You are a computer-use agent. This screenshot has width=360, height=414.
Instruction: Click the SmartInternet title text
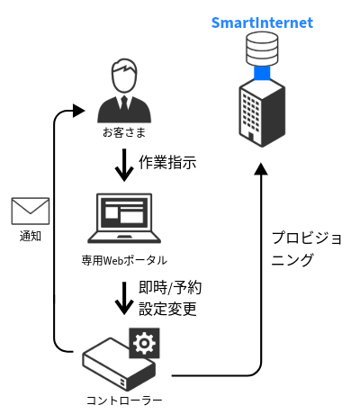(262, 22)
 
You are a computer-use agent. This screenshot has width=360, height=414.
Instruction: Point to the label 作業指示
(166, 163)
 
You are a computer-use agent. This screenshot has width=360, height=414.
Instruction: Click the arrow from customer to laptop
(124, 164)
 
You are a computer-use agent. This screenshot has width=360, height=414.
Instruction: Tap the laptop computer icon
(124, 219)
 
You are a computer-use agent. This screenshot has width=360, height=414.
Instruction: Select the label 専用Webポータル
(124, 261)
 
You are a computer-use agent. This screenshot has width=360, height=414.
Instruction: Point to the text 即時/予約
(169, 289)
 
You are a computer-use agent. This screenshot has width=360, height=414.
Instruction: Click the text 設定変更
(167, 310)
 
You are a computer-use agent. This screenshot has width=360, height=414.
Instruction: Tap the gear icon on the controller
(143, 343)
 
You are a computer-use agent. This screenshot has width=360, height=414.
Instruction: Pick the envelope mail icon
(30, 212)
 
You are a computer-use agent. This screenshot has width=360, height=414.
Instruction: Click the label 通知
(30, 237)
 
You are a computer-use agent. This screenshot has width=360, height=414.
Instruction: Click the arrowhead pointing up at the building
(262, 171)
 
